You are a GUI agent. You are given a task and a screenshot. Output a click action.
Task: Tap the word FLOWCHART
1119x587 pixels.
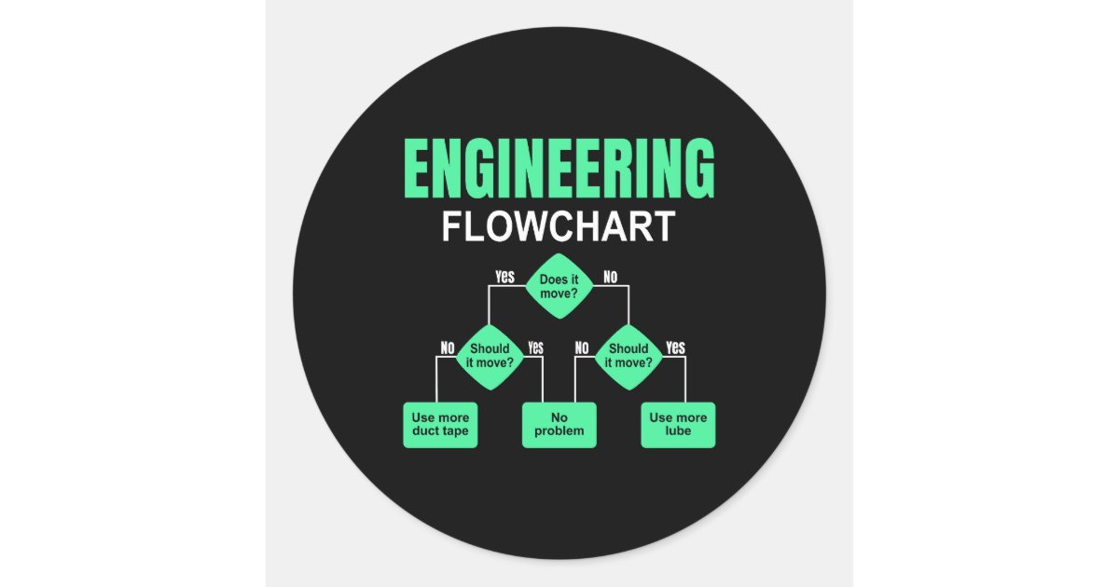pyautogui.click(x=559, y=228)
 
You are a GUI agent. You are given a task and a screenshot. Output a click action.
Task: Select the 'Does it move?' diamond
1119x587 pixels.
pyautogui.click(x=559, y=286)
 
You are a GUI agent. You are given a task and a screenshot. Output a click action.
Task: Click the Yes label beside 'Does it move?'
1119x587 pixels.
pyautogui.click(x=504, y=277)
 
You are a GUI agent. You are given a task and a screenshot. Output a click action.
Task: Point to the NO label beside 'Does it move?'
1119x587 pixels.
pyautogui.click(x=610, y=277)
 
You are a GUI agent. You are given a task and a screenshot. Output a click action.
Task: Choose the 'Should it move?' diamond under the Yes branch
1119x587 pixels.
pyautogui.click(x=490, y=355)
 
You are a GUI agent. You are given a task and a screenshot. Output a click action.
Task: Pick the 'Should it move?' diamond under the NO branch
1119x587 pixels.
pyautogui.click(x=629, y=355)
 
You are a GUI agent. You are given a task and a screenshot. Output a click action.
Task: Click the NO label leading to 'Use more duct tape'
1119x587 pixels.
pyautogui.click(x=448, y=348)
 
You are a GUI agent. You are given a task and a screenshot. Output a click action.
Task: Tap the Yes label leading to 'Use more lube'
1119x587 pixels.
pyautogui.click(x=676, y=348)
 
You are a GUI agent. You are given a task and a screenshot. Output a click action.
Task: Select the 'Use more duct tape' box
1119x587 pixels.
pyautogui.click(x=440, y=425)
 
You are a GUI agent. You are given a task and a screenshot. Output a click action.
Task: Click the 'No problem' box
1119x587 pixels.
pyautogui.click(x=559, y=425)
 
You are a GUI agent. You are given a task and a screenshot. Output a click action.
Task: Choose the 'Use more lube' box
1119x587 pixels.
pyautogui.click(x=678, y=425)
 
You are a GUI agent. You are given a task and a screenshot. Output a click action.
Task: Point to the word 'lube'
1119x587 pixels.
pyautogui.click(x=678, y=431)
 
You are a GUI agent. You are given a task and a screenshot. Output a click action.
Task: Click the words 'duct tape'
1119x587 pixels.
pyautogui.click(x=440, y=431)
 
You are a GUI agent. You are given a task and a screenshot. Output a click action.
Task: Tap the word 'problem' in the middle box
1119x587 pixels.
pyautogui.click(x=559, y=431)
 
